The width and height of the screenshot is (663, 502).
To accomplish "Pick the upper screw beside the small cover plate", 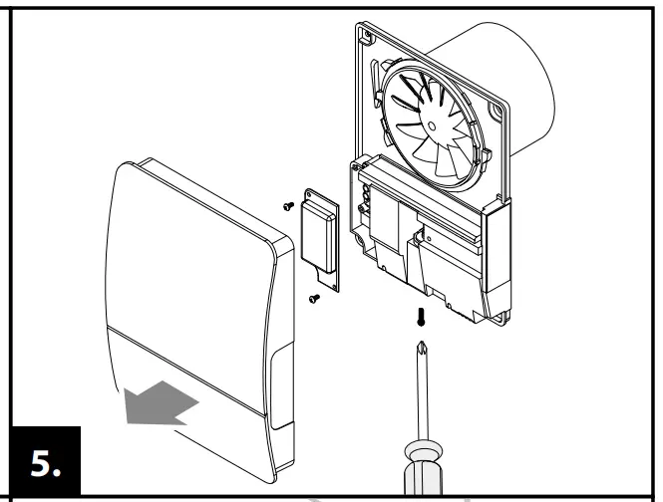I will [287, 206].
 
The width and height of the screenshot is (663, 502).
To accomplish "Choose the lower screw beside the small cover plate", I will [312, 297].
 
